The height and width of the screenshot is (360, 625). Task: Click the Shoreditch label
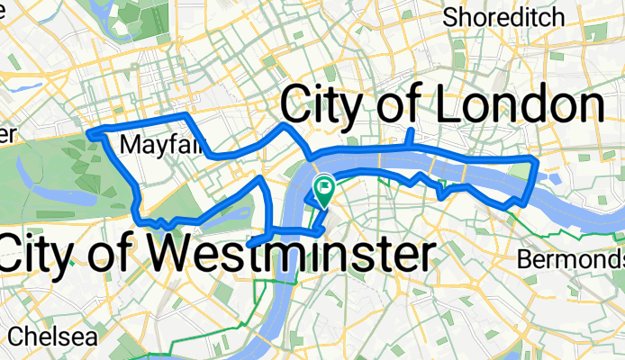(504, 16)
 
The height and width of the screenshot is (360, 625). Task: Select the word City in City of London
(324, 106)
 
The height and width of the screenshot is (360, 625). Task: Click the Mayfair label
(151, 145)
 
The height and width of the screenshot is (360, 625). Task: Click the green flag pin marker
(322, 189)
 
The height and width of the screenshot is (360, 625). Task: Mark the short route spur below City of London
(410, 138)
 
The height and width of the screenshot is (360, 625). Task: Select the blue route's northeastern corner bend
(536, 161)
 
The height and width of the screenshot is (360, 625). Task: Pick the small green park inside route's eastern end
(522, 170)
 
